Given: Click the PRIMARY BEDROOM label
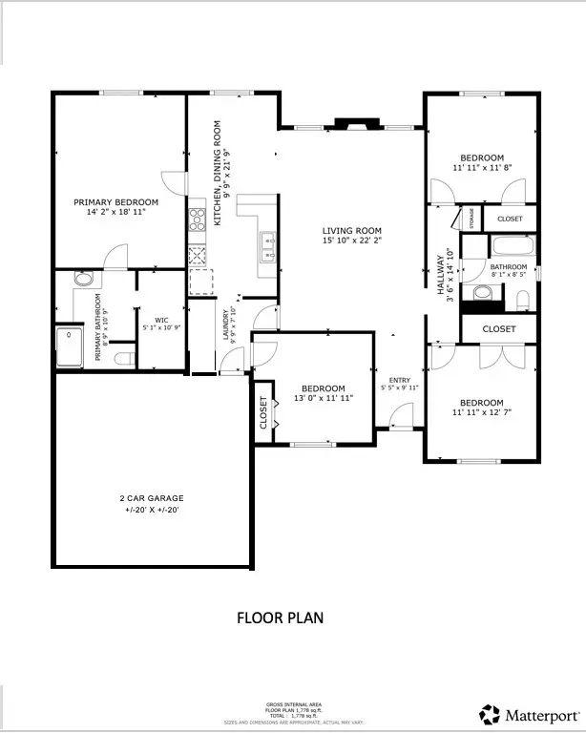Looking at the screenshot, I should [x=116, y=202].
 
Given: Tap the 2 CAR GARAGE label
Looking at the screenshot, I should [x=151, y=498].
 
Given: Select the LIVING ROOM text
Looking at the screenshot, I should [x=351, y=231].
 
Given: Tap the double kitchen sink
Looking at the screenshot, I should [x=268, y=246].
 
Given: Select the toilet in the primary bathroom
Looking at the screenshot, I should [x=121, y=359].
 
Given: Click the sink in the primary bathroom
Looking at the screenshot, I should [x=84, y=280].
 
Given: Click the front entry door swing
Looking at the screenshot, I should [x=401, y=415].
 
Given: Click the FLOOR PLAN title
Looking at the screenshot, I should [x=280, y=618].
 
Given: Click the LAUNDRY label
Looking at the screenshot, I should [x=227, y=325].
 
